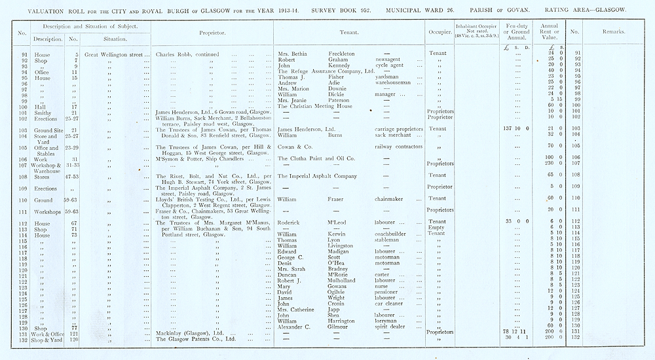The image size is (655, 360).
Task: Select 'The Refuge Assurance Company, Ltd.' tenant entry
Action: click(x=326, y=71)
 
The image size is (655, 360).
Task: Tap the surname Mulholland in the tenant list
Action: click(x=345, y=279)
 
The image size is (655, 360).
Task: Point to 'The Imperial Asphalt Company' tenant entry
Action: click(x=318, y=176)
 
